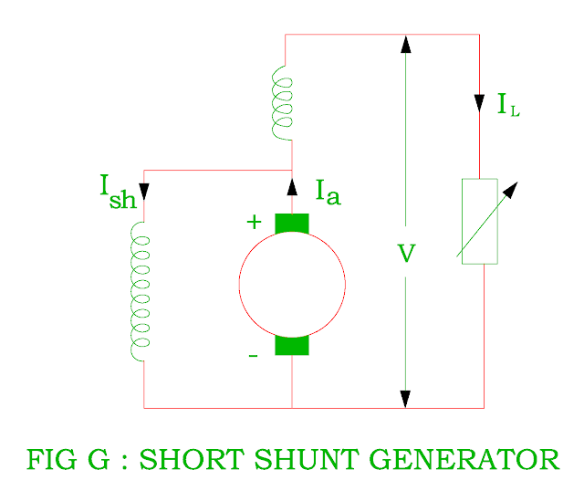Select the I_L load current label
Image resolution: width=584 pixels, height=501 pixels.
pos(508,105)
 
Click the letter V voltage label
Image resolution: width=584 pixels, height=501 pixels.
pos(407,254)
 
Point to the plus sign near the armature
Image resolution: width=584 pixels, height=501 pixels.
pos(254,222)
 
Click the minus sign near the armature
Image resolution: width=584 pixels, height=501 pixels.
pos(254,354)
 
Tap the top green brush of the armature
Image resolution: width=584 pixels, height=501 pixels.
pos(292,224)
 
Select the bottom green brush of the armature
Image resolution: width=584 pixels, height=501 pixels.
pos(292,345)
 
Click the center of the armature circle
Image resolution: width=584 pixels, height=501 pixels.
pos(292,284)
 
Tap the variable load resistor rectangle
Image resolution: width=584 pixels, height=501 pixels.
pos(480,222)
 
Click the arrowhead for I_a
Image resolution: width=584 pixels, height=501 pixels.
pos(292,187)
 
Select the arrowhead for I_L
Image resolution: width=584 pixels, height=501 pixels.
pos(480,100)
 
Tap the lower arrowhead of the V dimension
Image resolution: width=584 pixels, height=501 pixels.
pos(405,399)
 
